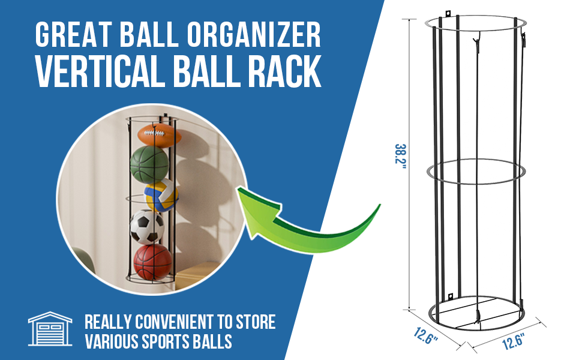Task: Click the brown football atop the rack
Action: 159,134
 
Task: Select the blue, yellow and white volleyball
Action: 161,196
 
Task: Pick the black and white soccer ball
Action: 147,226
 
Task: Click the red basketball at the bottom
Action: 152,262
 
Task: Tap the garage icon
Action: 50,329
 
